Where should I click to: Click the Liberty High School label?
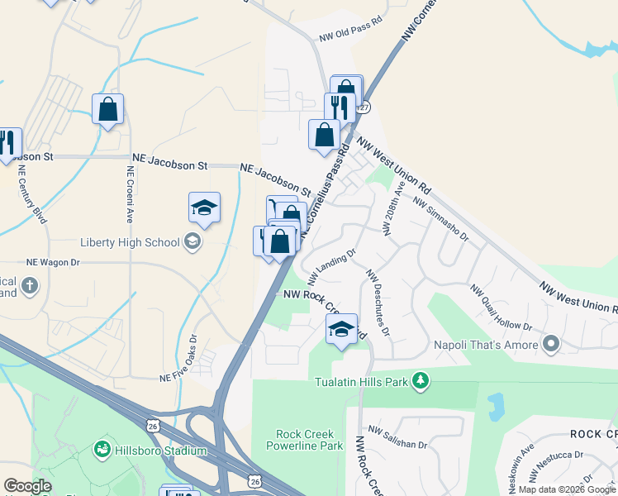point(130,242)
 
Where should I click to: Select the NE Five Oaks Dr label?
point(178,359)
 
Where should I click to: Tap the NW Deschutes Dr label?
point(378,303)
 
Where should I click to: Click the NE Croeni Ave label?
point(130,193)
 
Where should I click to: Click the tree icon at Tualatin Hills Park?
point(422,380)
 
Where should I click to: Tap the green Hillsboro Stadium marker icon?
point(102,450)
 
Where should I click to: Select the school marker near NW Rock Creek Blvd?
point(341,329)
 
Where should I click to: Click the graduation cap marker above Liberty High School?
point(204,207)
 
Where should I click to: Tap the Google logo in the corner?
point(28,486)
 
